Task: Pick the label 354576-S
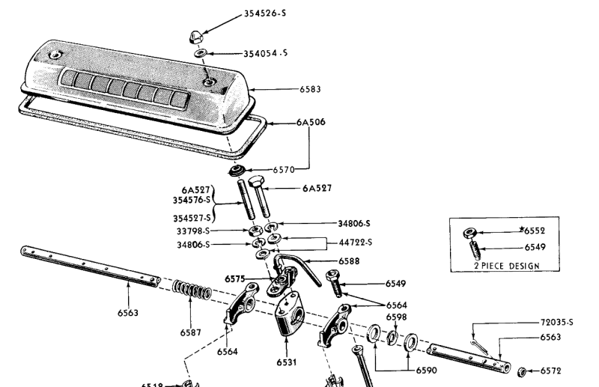point(189,201)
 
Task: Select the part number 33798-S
point(193,231)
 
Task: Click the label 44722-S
point(355,243)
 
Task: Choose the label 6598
point(397,317)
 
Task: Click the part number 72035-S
point(556,323)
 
